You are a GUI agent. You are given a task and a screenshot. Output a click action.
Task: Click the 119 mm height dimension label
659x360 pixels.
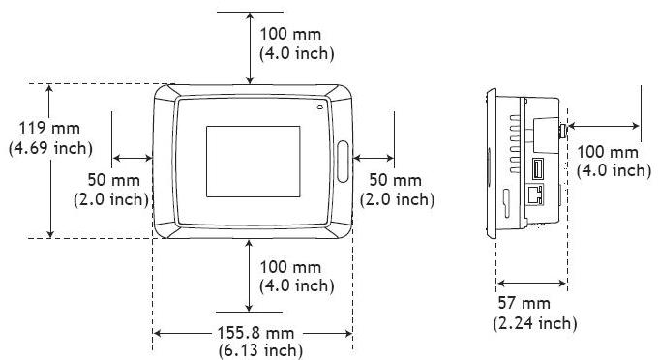pos(49,128)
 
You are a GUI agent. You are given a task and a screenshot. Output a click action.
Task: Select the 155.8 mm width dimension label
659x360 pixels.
pos(255,333)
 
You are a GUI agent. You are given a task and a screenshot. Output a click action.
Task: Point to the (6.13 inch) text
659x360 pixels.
pos(260,350)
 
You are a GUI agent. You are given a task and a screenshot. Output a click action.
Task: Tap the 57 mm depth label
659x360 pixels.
pos(524,303)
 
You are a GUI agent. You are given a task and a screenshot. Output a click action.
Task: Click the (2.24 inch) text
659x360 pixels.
pos(534,323)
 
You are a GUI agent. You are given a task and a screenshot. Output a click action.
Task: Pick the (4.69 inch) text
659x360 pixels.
pos(50,148)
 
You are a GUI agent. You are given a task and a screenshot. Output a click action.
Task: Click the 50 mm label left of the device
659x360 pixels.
pos(113,180)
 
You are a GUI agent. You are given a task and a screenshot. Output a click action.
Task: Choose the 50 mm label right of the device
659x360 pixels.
pos(395,180)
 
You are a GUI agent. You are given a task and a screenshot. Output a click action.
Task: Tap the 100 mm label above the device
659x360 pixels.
pos(290,34)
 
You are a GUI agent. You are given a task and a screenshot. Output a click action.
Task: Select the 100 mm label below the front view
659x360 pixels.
pos(290,267)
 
